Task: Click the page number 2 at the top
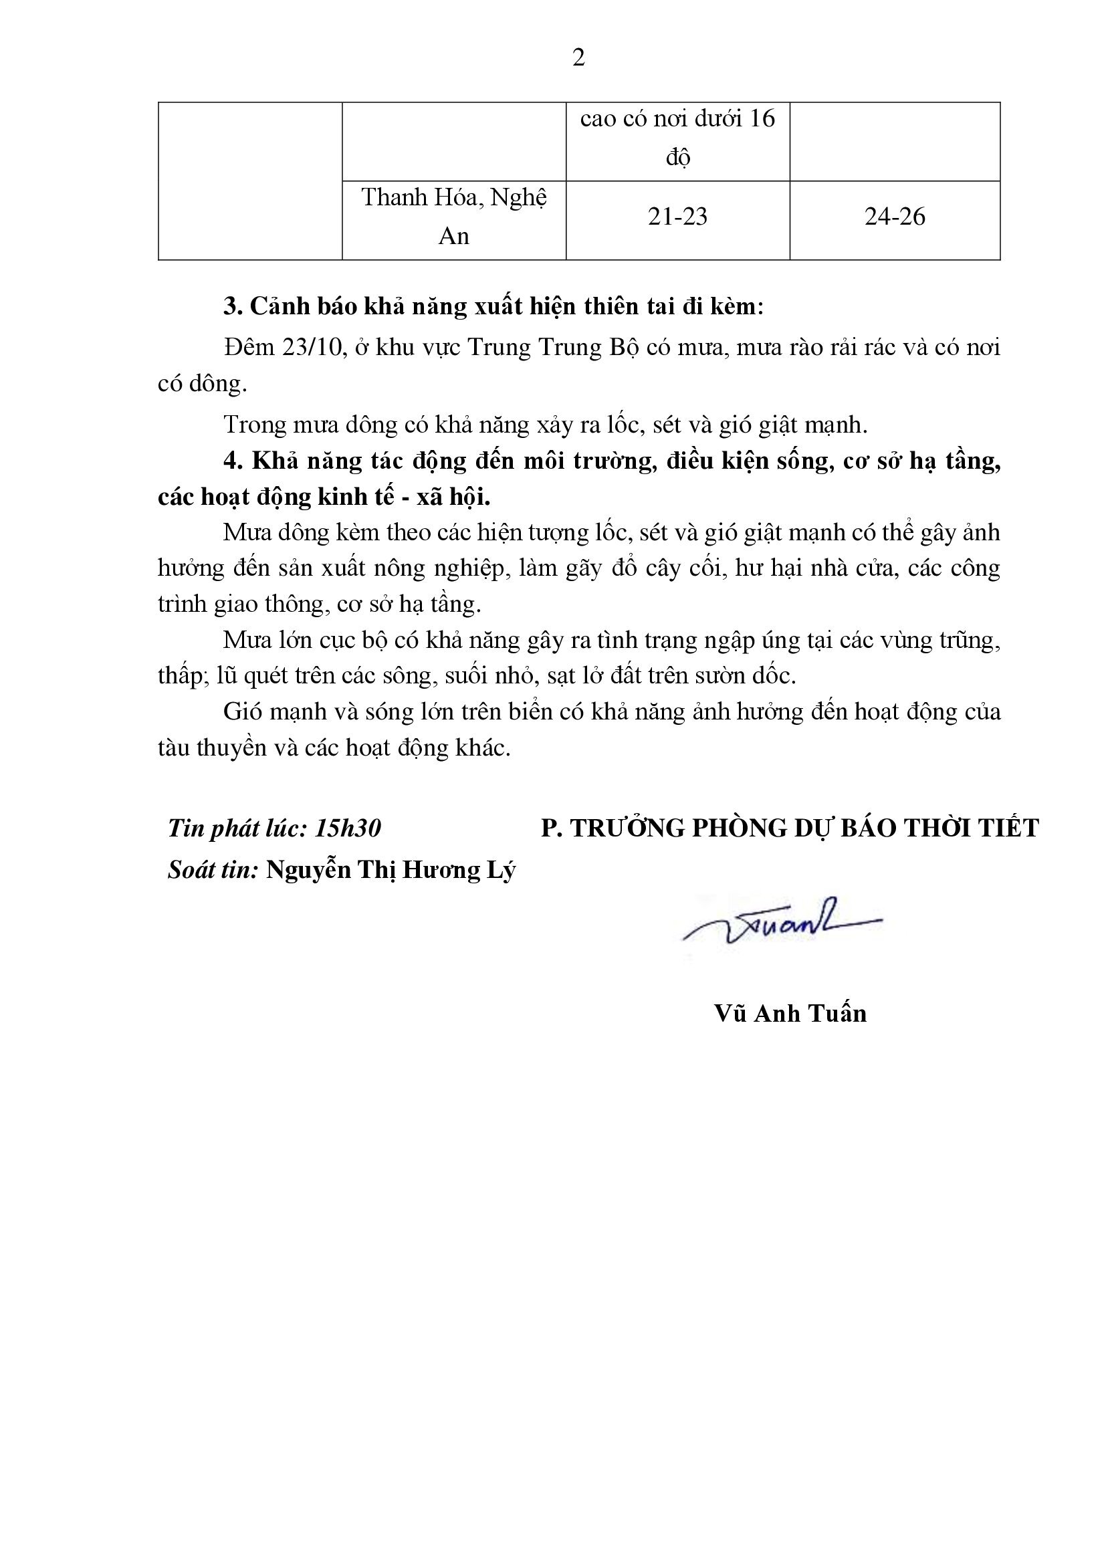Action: (x=578, y=59)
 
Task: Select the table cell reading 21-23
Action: (x=677, y=217)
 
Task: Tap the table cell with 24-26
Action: (x=894, y=217)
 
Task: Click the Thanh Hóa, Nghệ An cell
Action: (x=453, y=217)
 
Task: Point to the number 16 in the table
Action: (x=762, y=119)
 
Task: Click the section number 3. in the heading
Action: (x=233, y=307)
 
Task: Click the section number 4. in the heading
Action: (x=233, y=461)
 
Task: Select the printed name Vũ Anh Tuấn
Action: (x=790, y=1014)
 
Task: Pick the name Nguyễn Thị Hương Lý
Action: (x=391, y=871)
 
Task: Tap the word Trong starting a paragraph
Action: (x=253, y=425)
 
